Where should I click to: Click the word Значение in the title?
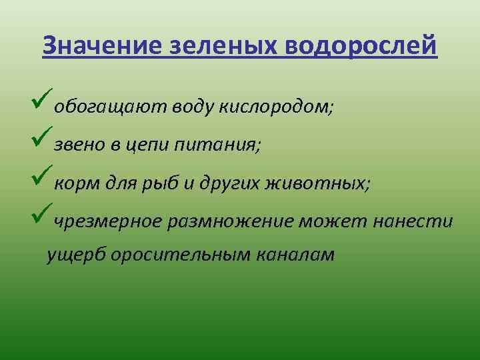[x=101, y=45]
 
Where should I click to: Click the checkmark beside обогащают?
[x=41, y=98]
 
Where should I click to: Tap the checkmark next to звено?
[x=41, y=136]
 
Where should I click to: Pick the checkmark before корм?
[x=41, y=175]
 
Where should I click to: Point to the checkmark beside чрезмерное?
[x=41, y=213]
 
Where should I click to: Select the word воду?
[x=192, y=107]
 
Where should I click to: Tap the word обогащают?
[x=110, y=108]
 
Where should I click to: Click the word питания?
[x=217, y=145]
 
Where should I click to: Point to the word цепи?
[x=147, y=146]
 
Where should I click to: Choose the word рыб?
[x=160, y=184]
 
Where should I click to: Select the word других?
[x=229, y=184]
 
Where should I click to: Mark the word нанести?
[x=413, y=221]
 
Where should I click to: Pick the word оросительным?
[x=180, y=255]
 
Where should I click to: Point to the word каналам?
[x=295, y=255]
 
